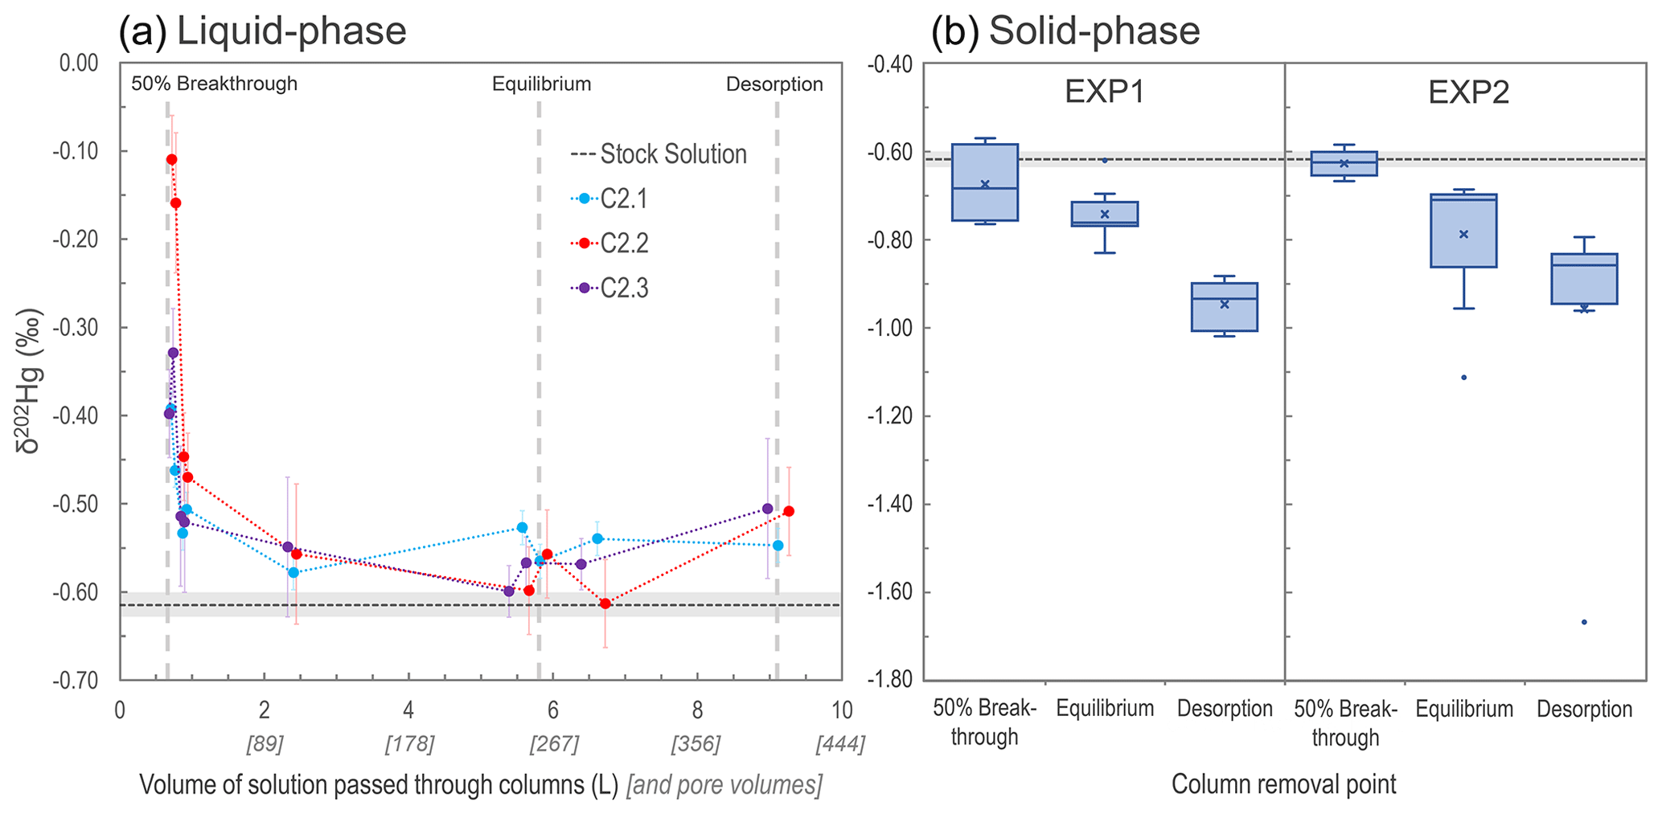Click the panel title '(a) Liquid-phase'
[263, 32]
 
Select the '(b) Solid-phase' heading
[1065, 32]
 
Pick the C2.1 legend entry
[611, 198]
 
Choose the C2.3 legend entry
[611, 288]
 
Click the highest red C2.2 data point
[171, 159]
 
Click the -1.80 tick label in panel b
[891, 681]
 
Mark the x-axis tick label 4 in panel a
[408, 710]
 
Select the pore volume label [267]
[553, 744]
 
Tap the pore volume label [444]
[840, 744]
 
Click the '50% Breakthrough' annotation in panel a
[214, 84]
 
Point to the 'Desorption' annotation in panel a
[774, 84]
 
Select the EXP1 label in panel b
[1105, 92]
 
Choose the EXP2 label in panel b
[1468, 92]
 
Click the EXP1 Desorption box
[1225, 307]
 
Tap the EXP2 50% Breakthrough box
[1344, 163]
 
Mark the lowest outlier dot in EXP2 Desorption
[1584, 622]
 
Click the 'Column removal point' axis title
[1283, 784]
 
